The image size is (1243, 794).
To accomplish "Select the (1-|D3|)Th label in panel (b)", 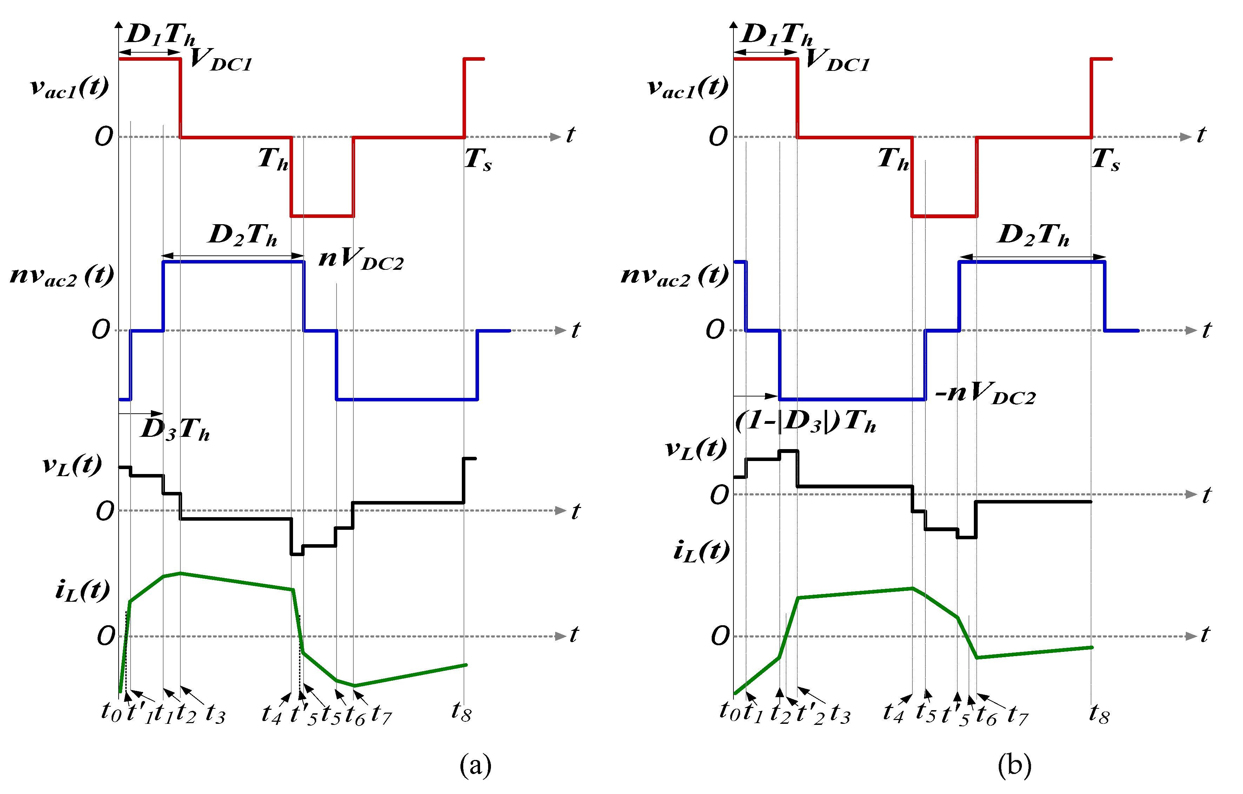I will (806, 422).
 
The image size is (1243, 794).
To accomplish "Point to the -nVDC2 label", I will (985, 394).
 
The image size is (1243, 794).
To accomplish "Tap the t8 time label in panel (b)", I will (1099, 713).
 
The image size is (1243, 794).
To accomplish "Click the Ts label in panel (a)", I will (478, 159).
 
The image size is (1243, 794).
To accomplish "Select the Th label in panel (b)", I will (893, 159).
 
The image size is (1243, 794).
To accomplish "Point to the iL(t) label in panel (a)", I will (82, 590).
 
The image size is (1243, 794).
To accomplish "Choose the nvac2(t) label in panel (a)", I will (62, 275).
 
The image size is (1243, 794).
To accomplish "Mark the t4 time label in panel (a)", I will (272, 714).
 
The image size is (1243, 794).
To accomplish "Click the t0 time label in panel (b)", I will (729, 712).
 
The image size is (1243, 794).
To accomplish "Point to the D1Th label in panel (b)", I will (777, 34).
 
